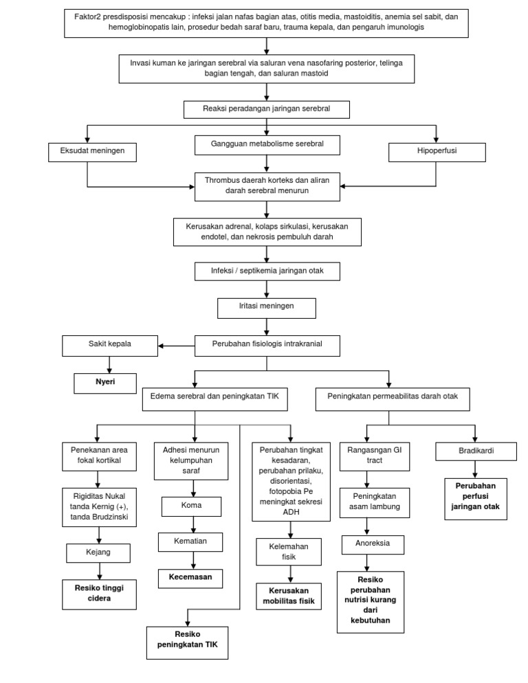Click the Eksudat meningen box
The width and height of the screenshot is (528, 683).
(x=87, y=150)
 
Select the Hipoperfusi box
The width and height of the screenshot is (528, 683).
(x=437, y=150)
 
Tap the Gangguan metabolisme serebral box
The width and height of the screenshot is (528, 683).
(x=267, y=144)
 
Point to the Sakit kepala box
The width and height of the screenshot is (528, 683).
(x=109, y=345)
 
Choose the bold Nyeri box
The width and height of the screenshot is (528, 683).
(x=105, y=382)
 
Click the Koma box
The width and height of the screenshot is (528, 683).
(x=191, y=507)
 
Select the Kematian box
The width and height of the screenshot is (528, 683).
(x=191, y=541)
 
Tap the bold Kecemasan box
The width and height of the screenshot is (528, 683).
(x=191, y=577)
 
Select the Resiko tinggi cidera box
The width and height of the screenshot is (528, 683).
(x=100, y=593)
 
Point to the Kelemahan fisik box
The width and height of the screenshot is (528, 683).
(x=289, y=552)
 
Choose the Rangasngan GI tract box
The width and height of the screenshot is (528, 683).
(x=371, y=456)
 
